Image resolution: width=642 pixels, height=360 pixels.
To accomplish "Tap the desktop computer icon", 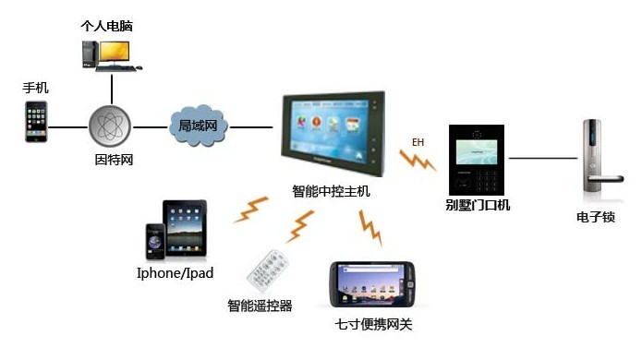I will (x=108, y=54).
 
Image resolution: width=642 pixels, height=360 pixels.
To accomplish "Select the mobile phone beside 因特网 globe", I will (x=36, y=121).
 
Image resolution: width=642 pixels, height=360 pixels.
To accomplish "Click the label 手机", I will (x=36, y=88).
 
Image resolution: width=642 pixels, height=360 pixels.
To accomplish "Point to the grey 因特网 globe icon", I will (x=111, y=126).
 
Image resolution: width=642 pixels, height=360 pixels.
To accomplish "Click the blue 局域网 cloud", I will (x=198, y=126).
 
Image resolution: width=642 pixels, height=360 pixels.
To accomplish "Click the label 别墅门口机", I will (x=477, y=205).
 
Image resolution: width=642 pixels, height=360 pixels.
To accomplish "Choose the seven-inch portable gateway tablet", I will (x=373, y=286).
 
